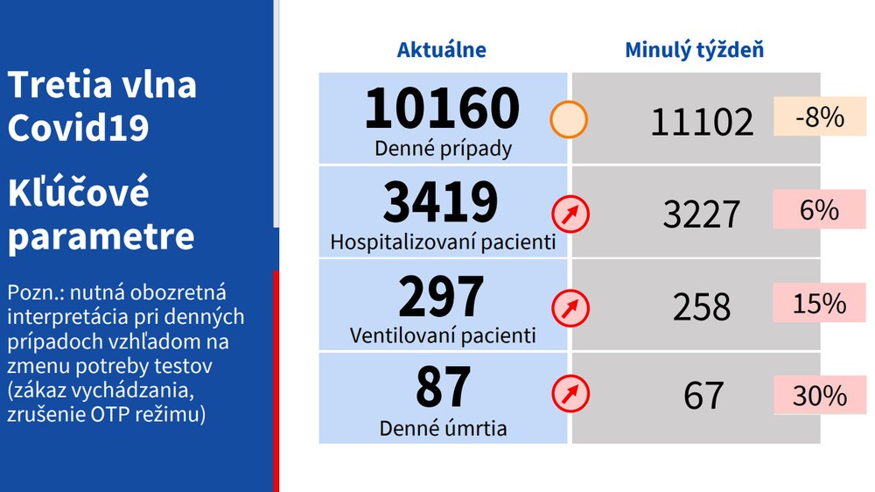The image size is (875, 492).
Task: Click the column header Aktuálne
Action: [442, 50]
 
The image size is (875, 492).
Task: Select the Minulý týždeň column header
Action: [694, 50]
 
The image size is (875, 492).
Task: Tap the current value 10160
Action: [443, 108]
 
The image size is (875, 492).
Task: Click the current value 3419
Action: [442, 201]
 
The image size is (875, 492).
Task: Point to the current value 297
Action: [442, 296]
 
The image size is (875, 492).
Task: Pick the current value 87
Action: [443, 388]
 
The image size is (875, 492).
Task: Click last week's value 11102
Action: [702, 122]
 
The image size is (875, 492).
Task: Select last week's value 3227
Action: [702, 214]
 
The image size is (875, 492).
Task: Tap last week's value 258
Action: [702, 306]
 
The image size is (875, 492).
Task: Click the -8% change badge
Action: [820, 117]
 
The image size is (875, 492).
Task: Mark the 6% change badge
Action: [820, 211]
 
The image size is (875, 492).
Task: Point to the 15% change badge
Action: [820, 304]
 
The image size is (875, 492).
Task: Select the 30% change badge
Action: [820, 396]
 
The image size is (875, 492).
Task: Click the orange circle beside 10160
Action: [569, 121]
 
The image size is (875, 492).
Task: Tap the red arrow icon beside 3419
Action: [570, 214]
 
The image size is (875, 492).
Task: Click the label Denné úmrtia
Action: [443, 429]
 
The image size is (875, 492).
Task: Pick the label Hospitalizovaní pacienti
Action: [443, 242]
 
